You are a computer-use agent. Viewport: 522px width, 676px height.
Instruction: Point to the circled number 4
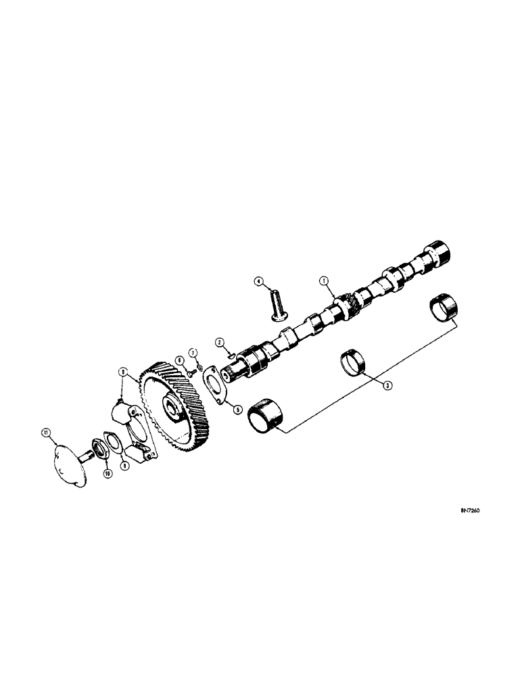pyautogui.click(x=258, y=281)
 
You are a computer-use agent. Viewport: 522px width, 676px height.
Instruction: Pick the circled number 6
pyautogui.click(x=179, y=360)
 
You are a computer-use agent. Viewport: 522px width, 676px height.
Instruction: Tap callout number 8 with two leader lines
pyautogui.click(x=122, y=371)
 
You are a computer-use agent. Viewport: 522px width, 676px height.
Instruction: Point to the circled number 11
pyautogui.click(x=45, y=431)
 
